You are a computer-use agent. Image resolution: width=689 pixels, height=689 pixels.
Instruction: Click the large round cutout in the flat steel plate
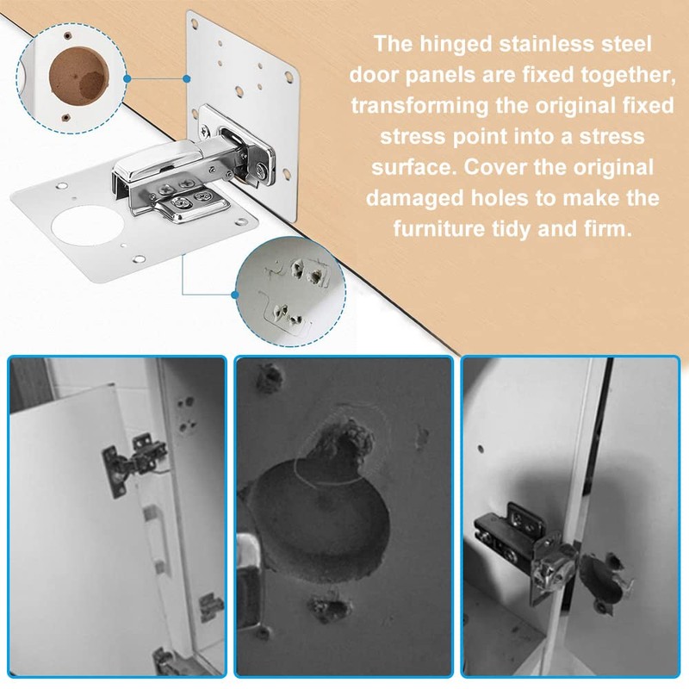pos(87,224)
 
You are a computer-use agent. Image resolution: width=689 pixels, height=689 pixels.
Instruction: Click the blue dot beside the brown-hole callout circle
pos(127,78)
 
